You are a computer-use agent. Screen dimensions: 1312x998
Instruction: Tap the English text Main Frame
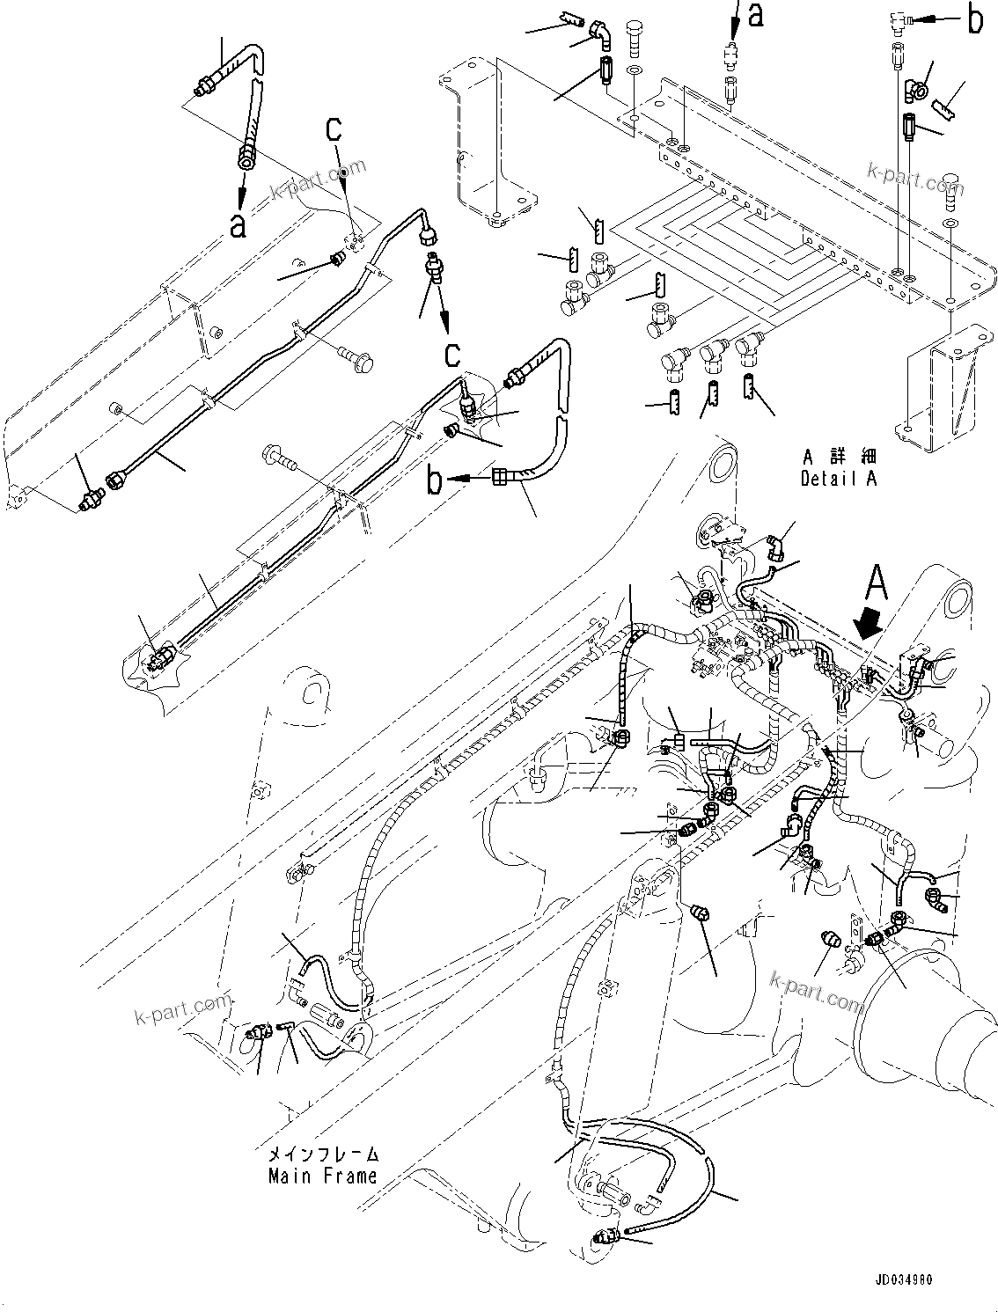[x=322, y=1176]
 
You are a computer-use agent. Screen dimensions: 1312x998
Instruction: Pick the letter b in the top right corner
[x=973, y=21]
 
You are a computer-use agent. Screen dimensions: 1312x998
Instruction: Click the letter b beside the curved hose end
[x=434, y=480]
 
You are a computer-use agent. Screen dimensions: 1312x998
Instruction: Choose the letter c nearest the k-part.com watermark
[x=334, y=129]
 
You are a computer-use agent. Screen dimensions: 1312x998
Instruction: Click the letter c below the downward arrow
[x=452, y=354]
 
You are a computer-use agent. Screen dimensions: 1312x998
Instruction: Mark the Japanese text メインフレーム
[x=322, y=1154]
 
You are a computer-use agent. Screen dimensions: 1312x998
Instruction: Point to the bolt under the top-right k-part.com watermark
[x=953, y=189]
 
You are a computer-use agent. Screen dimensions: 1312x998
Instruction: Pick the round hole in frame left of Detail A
[x=721, y=461]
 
